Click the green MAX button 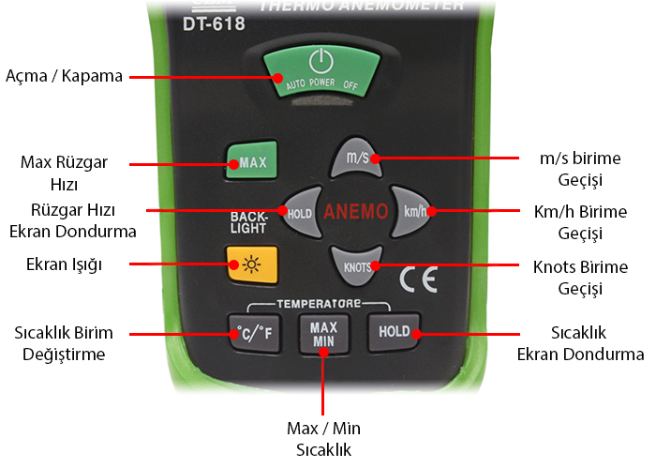(247, 162)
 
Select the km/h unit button (413, 211)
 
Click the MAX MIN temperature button (323, 331)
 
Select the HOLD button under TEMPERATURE (394, 331)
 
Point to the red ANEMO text (355, 212)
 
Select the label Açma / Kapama (65, 76)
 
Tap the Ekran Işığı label (65, 264)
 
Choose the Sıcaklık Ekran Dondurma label (581, 343)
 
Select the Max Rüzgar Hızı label (64, 173)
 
